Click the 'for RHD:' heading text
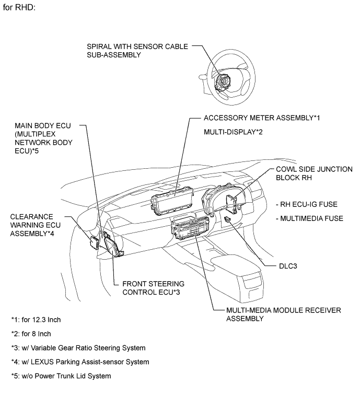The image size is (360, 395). pos(19,7)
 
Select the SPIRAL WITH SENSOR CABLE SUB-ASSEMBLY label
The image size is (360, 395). pos(137,51)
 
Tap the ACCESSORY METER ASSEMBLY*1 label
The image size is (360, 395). pos(262,118)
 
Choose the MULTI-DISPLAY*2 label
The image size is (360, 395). pos(233,132)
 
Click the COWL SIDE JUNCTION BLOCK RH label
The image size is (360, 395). pos(314,173)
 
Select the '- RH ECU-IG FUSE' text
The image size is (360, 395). pos(307,204)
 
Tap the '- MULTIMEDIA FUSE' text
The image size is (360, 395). pos(310,218)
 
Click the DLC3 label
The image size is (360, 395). pos(288,266)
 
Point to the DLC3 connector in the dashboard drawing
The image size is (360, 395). pos(227,219)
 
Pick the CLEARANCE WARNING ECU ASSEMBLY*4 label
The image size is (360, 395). pos(36,225)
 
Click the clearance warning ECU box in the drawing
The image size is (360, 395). pos(95,242)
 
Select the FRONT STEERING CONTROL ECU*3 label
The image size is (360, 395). pos(153,288)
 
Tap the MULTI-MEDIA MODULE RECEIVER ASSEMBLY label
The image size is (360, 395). pos(283,315)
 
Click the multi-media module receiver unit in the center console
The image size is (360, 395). pos(190,228)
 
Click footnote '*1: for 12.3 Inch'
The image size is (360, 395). pos(36,320)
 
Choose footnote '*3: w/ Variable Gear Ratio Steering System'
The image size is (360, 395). pos(78,348)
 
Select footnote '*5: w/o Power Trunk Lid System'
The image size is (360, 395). pos(61,376)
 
